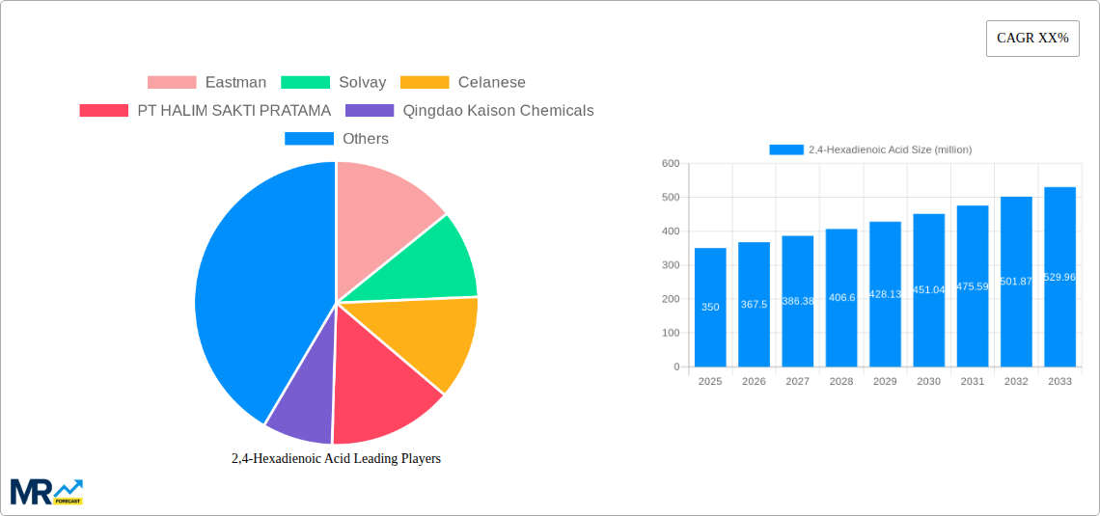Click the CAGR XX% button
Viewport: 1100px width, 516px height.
(1032, 39)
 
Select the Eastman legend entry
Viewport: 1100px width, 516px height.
(207, 83)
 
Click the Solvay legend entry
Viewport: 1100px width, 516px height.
(334, 83)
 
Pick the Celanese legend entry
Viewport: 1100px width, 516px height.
(463, 83)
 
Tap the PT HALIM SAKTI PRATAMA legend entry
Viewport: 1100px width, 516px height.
(206, 111)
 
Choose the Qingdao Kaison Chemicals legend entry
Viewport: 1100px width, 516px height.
(470, 111)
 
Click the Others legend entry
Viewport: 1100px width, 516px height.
(337, 139)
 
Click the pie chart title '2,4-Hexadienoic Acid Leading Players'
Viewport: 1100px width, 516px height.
(336, 458)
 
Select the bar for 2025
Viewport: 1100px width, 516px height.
(710, 308)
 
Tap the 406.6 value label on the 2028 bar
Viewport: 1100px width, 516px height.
(841, 298)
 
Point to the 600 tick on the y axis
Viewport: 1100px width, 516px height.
(671, 164)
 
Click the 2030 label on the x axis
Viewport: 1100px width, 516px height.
(928, 382)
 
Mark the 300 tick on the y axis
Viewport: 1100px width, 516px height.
(671, 265)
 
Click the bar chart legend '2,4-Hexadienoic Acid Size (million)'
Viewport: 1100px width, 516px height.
(870, 149)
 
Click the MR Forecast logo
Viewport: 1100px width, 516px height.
(46, 491)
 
